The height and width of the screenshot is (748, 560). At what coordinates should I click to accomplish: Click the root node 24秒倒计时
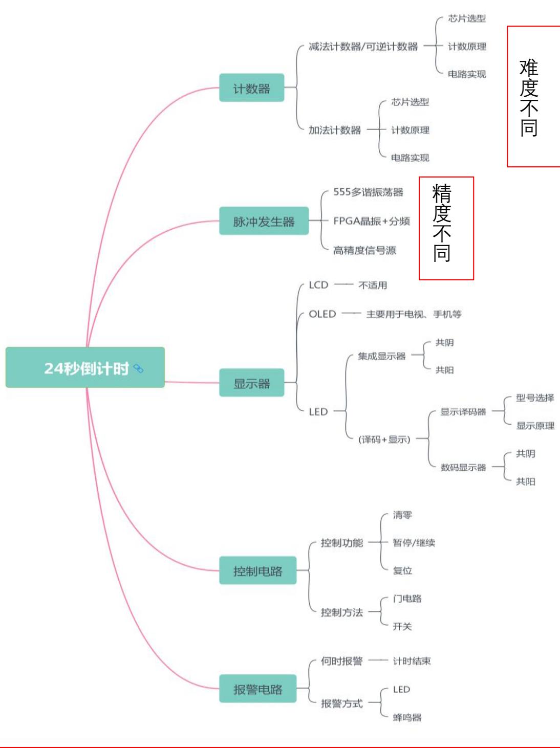click(x=85, y=368)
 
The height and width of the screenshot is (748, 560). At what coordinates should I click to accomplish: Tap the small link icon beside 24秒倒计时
click(x=138, y=368)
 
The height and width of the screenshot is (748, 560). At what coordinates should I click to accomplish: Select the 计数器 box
click(x=251, y=88)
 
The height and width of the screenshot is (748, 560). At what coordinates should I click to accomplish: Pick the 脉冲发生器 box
click(x=264, y=221)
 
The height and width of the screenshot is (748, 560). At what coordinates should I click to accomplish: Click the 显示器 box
click(x=251, y=383)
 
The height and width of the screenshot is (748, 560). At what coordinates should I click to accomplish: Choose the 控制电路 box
click(x=257, y=570)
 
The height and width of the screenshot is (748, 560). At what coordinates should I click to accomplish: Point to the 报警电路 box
click(x=257, y=689)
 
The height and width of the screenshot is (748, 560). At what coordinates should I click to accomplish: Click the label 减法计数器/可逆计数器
click(x=363, y=47)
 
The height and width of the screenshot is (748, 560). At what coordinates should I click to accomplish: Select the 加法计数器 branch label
click(x=334, y=130)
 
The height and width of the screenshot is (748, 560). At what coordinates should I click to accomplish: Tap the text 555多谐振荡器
click(x=368, y=192)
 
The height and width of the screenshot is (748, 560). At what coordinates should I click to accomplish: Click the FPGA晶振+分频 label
click(x=371, y=221)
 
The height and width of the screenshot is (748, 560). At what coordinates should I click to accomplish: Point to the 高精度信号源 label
click(x=364, y=250)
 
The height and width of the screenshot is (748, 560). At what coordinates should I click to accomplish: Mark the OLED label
click(x=322, y=314)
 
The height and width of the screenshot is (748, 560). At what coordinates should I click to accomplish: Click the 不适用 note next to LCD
click(x=373, y=285)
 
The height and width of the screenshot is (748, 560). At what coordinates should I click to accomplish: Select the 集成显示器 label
click(x=381, y=356)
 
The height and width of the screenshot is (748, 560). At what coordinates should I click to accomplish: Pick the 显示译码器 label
click(x=463, y=412)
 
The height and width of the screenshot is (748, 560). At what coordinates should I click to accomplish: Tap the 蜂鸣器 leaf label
click(x=407, y=717)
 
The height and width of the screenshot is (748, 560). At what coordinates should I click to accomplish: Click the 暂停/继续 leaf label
click(x=414, y=543)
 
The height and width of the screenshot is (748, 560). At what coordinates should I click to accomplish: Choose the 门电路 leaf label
click(x=407, y=599)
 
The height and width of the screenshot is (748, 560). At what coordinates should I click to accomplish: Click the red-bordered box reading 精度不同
click(x=446, y=228)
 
